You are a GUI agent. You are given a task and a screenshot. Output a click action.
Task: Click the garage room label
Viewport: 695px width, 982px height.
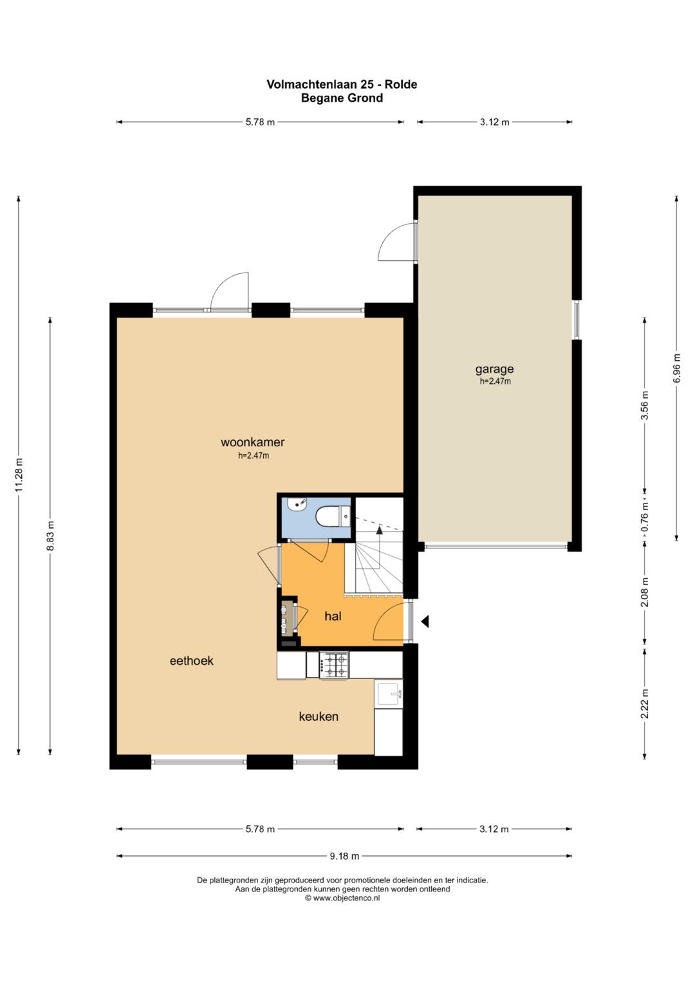point(494,369)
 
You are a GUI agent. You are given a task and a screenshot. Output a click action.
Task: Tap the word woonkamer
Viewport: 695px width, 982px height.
point(252,442)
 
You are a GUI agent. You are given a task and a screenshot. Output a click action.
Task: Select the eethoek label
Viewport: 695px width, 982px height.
point(191,660)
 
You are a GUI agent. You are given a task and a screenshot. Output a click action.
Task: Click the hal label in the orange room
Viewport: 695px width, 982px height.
point(333,616)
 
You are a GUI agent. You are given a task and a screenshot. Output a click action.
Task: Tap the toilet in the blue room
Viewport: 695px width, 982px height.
point(333,516)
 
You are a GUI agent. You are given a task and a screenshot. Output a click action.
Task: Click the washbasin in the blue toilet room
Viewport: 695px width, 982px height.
point(297,504)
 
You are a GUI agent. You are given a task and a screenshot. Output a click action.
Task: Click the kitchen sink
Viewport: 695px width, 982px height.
point(388,693)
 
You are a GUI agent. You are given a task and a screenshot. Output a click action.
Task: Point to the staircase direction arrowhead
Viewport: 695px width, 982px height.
point(379,530)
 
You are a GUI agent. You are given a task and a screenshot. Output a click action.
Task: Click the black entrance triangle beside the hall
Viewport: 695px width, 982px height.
point(425,621)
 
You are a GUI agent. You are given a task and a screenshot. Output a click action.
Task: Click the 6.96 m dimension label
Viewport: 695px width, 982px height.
point(676,368)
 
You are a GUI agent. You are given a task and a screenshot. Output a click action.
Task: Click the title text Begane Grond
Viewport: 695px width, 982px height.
point(342,98)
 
